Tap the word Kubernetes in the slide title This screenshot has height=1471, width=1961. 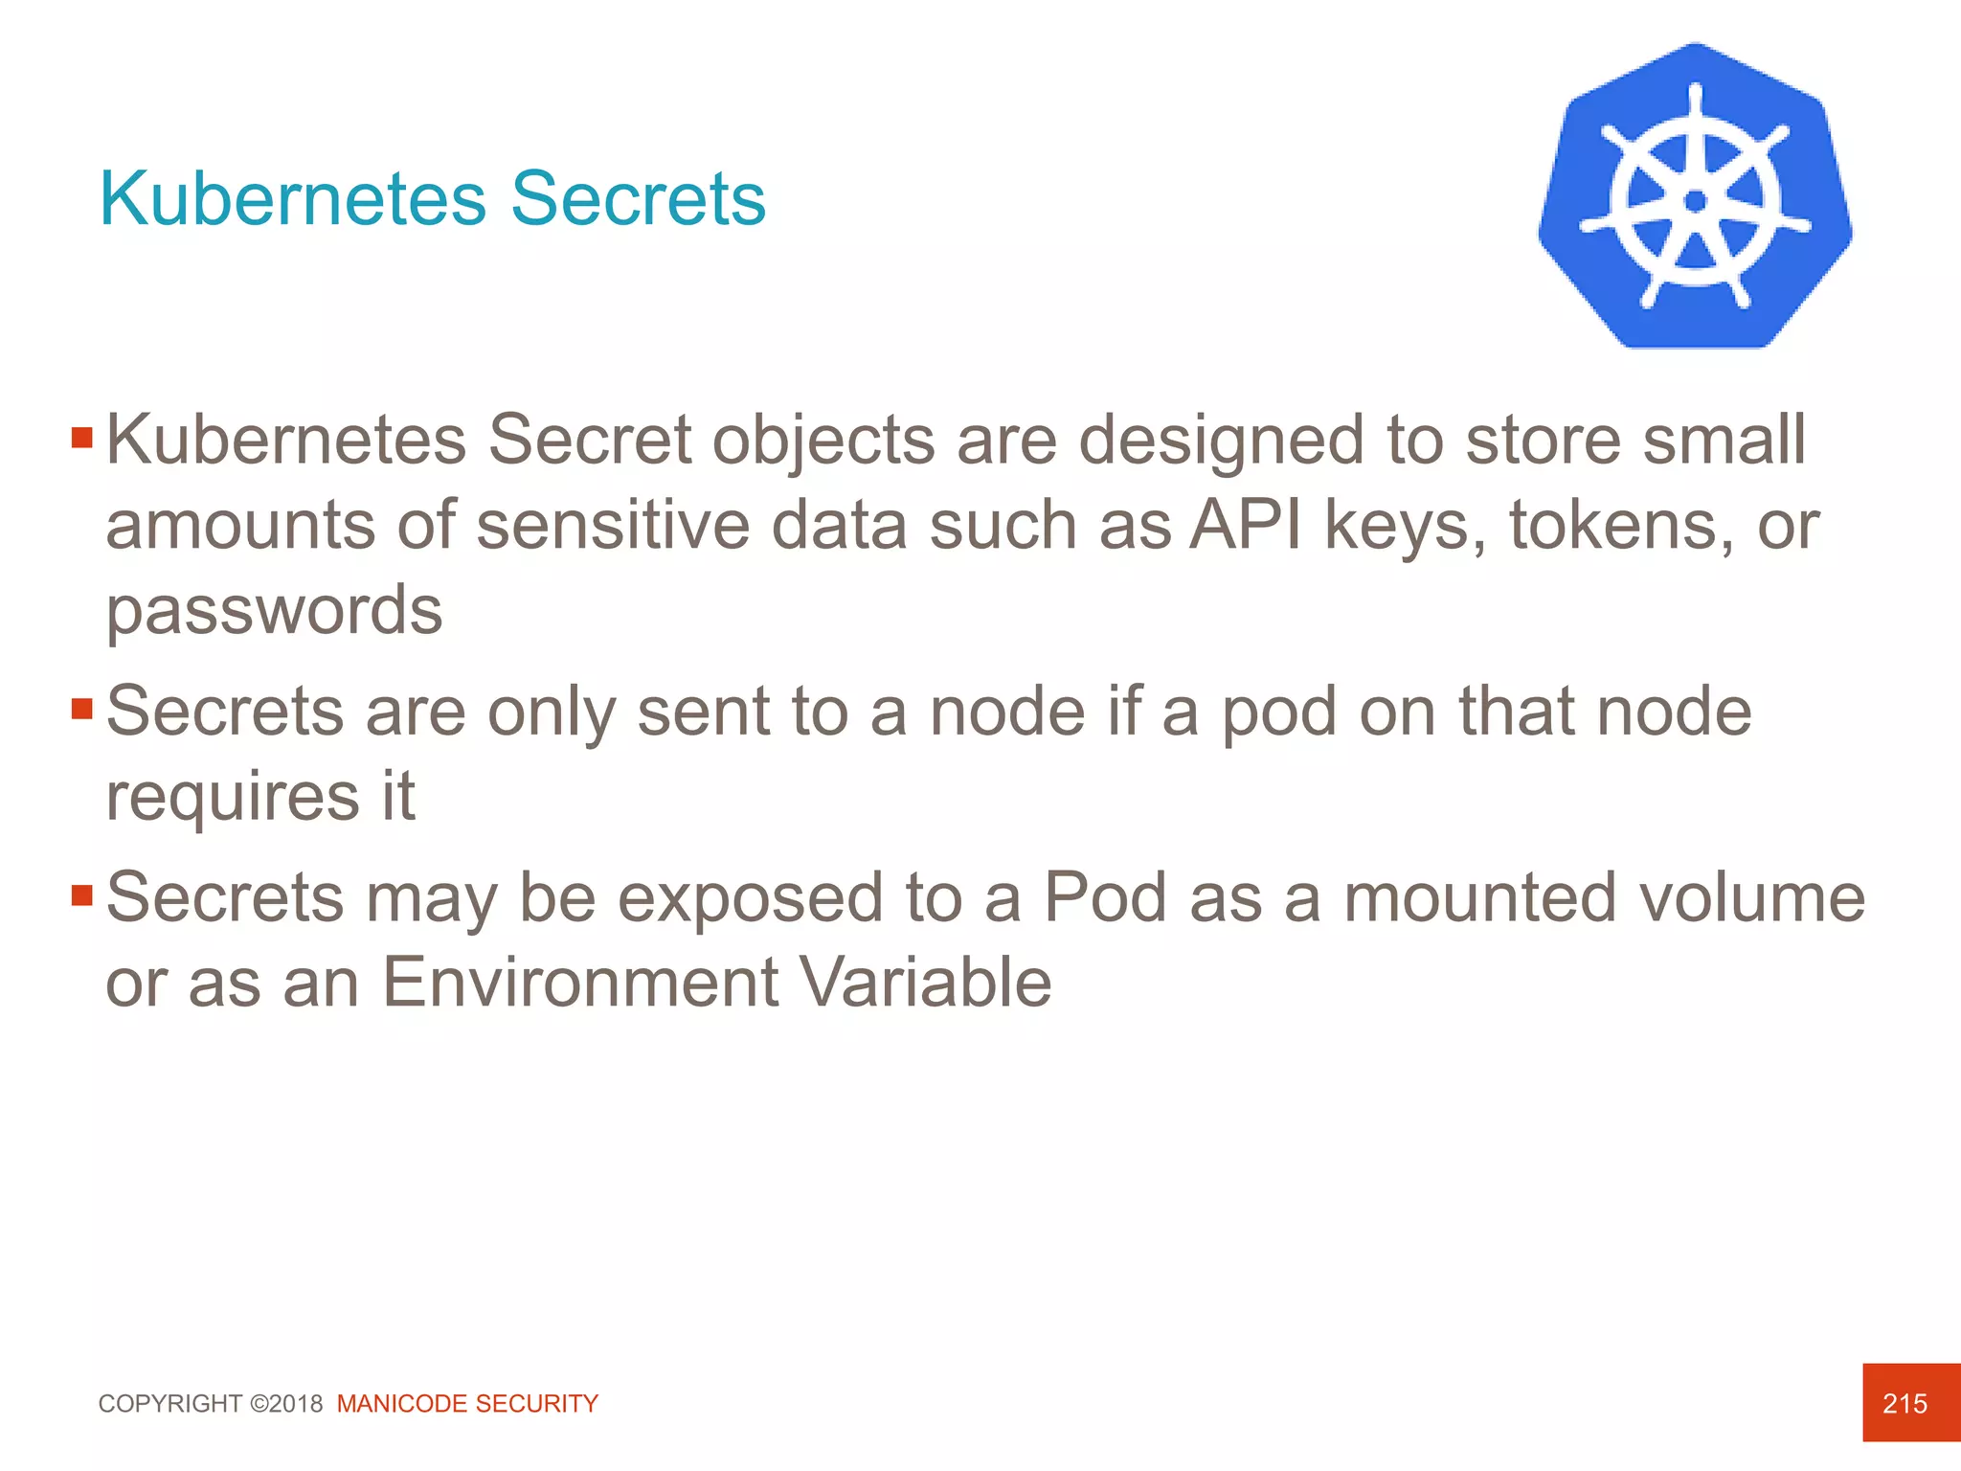click(293, 199)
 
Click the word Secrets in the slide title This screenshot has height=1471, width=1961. click(638, 199)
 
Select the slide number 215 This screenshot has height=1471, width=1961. click(1905, 1404)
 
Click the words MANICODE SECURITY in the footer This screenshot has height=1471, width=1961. click(467, 1404)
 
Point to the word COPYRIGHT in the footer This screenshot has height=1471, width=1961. click(170, 1404)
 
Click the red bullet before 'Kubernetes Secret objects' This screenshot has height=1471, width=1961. click(82, 439)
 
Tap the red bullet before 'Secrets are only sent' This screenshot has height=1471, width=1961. click(82, 710)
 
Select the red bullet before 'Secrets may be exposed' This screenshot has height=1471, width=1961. click(82, 896)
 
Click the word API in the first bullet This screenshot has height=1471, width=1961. click(1246, 525)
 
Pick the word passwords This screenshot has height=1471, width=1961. click(274, 610)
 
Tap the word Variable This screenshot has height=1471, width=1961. click(925, 983)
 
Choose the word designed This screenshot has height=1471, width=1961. click(1221, 441)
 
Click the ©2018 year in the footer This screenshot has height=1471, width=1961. click(286, 1404)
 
